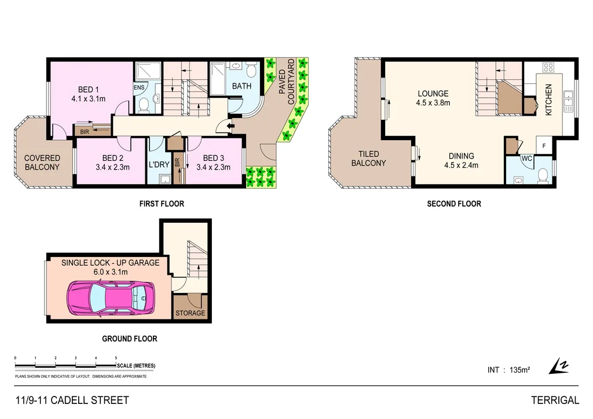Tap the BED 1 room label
pos(89,90)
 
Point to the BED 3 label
pos(214,158)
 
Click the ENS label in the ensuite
pos(139,87)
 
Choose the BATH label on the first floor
pos(241,86)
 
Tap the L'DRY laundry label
pos(159,164)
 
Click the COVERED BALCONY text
pos(42,163)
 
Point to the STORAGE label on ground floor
pos(191,313)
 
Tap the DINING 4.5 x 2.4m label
pos(461,160)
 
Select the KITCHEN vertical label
pos(548,99)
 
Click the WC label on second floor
pos(527,157)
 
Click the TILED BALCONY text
pos(369,158)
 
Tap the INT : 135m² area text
pos(508,370)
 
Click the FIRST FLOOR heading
pos(162,204)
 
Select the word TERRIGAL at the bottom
pos(555,400)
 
